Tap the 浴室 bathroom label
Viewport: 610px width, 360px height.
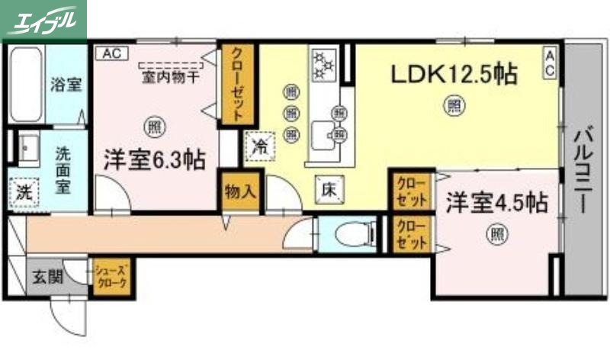coord(66,84)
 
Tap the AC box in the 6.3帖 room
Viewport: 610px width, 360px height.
coord(112,53)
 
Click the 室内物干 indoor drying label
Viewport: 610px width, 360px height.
coord(171,77)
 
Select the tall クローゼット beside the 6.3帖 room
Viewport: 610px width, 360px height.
coord(238,85)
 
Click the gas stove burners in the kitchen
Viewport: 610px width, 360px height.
coord(325,65)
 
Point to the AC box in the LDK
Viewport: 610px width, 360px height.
coord(549,62)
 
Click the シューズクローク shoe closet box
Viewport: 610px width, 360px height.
coord(111,277)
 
